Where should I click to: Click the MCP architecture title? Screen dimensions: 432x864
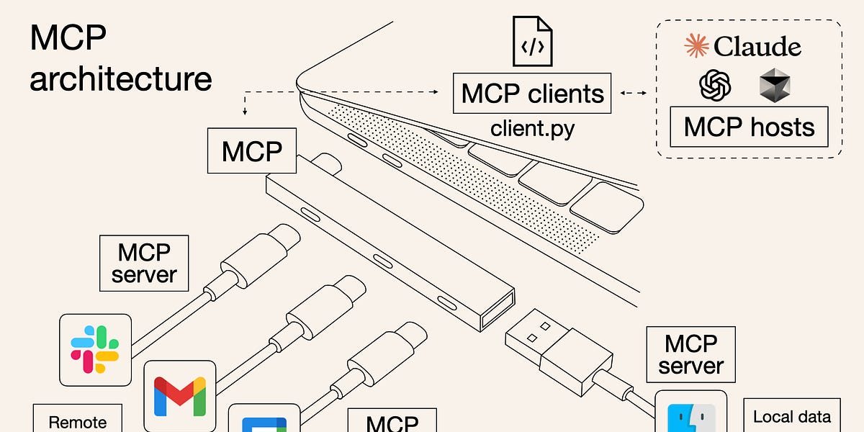click(x=120, y=58)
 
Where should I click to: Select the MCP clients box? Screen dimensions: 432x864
click(x=533, y=94)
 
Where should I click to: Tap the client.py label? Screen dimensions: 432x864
click(x=532, y=129)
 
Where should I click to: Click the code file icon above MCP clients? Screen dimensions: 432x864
click(x=532, y=41)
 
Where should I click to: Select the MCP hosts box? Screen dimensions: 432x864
click(x=749, y=127)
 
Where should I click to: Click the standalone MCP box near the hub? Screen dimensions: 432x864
click(x=251, y=151)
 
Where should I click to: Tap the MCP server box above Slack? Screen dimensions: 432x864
click(x=144, y=263)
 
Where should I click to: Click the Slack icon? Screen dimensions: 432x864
click(x=95, y=348)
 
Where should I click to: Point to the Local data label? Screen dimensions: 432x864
click(x=791, y=416)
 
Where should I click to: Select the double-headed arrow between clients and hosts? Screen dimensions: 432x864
click(x=634, y=92)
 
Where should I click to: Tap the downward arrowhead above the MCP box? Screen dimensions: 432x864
click(x=245, y=112)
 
